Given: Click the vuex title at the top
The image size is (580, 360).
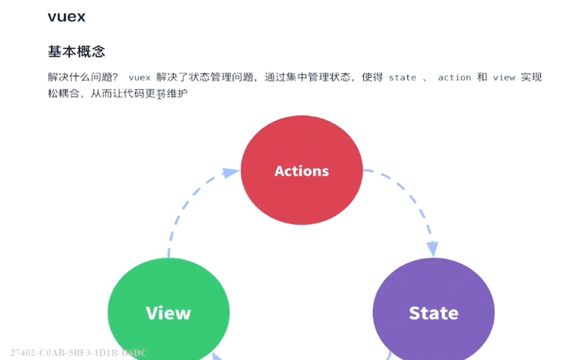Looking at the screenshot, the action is tap(66, 17).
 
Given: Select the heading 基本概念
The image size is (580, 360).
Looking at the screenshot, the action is tap(77, 50).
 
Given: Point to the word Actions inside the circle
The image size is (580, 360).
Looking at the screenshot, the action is tap(302, 171).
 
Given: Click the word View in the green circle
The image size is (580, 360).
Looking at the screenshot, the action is tap(168, 313).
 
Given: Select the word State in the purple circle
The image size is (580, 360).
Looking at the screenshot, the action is tap(433, 313).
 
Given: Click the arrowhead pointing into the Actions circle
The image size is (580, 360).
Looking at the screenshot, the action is tap(230, 173).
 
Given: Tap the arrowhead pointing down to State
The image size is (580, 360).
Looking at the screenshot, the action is tap(432, 249).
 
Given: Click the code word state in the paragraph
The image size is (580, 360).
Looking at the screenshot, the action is tap(402, 78).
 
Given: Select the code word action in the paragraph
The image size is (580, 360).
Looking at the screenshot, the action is tap(454, 78).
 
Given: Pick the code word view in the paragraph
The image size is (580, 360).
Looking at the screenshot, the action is tap(504, 78).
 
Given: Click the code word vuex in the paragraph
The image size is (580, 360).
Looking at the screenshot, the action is tap(139, 78).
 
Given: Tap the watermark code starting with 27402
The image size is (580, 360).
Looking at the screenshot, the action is tap(79, 353).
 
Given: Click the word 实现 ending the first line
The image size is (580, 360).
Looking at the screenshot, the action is tap(531, 78).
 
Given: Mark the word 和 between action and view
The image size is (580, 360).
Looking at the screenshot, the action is tap(482, 78).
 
